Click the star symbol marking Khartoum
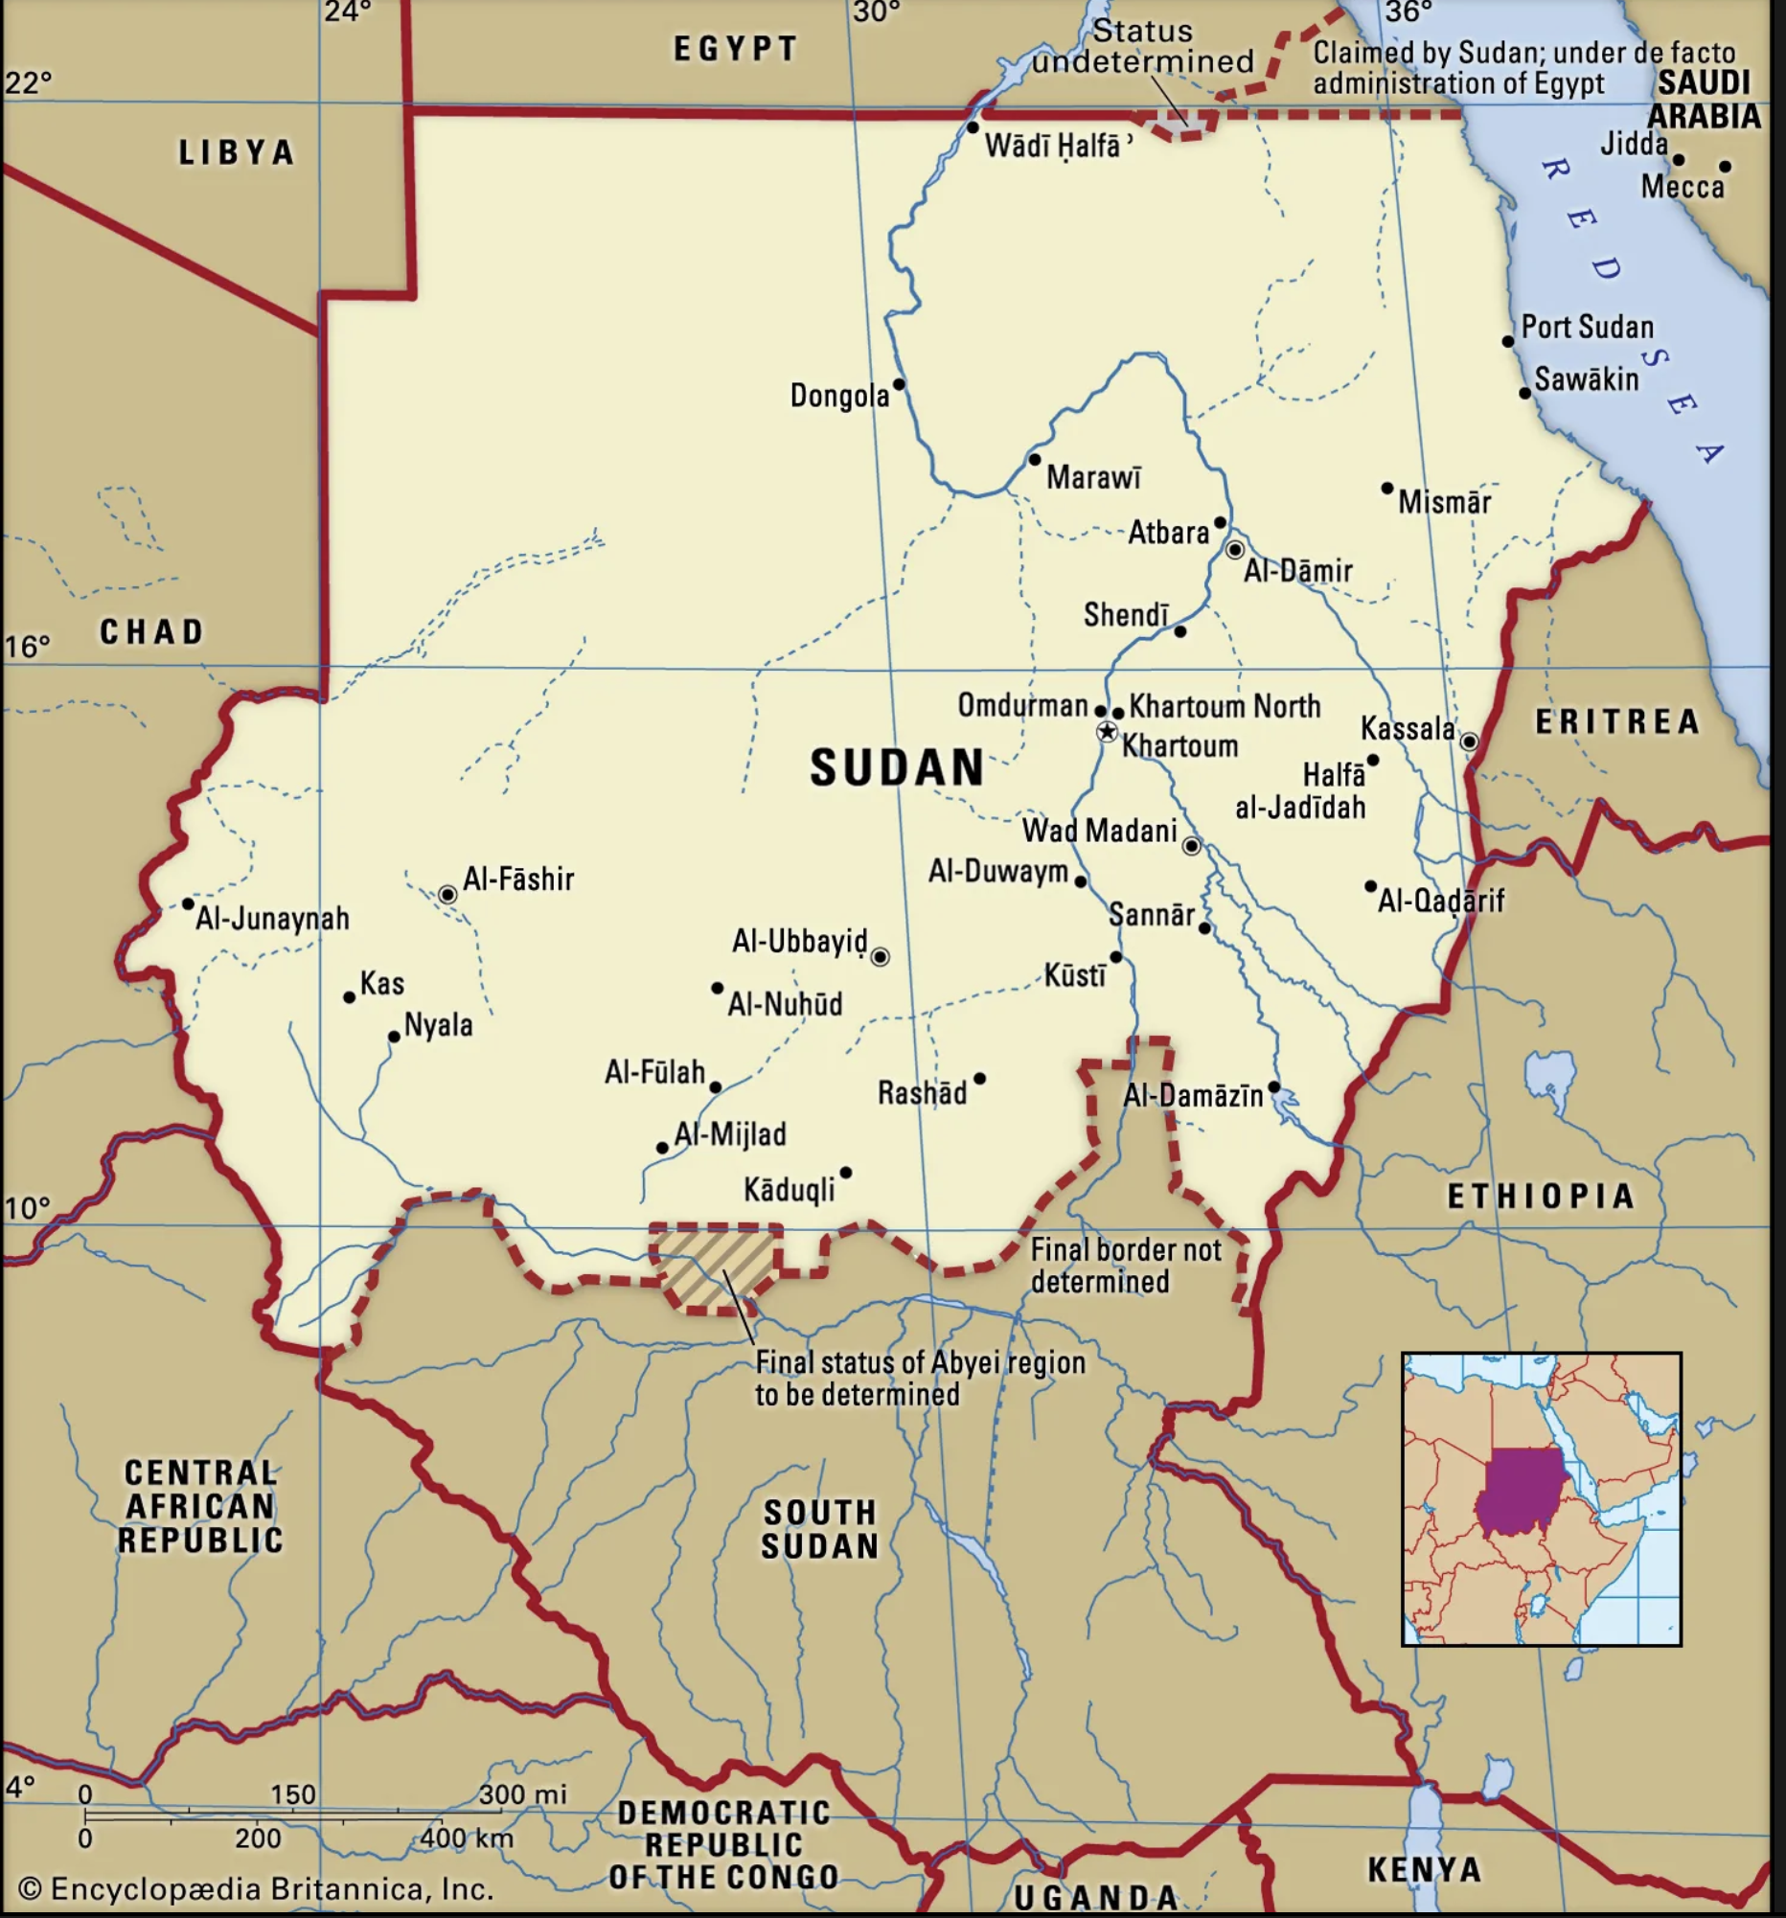point(1107,732)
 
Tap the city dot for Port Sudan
point(1508,341)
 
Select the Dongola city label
point(839,396)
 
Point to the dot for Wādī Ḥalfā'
point(973,127)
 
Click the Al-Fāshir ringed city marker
point(447,895)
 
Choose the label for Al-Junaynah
point(272,919)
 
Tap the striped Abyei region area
point(715,1266)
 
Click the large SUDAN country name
point(897,768)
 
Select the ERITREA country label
point(1617,721)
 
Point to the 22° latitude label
point(28,82)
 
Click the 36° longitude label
point(1408,12)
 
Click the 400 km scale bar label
point(466,1838)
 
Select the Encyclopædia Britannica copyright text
point(257,1888)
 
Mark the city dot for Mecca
point(1726,167)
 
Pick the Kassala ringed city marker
point(1469,741)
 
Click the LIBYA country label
point(237,152)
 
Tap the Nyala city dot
point(394,1038)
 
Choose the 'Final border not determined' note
point(1125,1266)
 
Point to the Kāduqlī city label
point(790,1190)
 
